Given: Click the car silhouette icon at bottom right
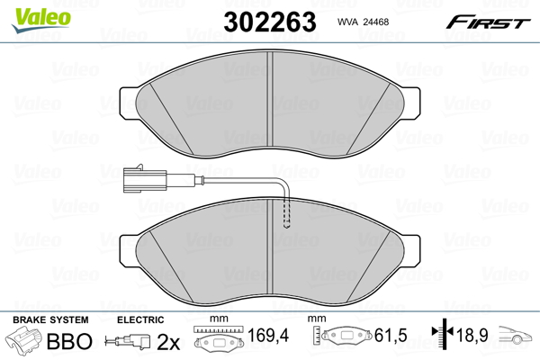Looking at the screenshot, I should (x=519, y=341).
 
